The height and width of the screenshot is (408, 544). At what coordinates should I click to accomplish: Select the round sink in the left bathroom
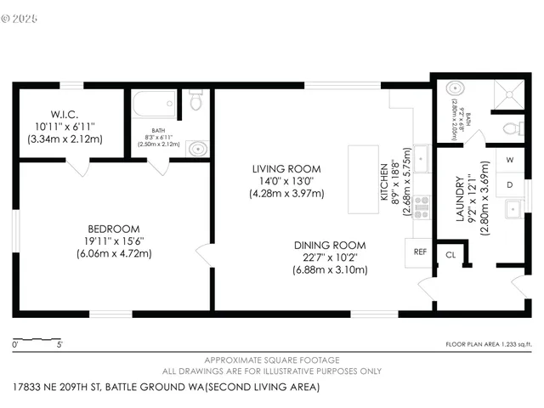197,149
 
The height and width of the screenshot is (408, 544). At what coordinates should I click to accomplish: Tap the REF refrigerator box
419,252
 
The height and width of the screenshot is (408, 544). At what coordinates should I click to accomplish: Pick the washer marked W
510,160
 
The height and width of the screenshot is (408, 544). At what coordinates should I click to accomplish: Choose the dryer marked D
510,183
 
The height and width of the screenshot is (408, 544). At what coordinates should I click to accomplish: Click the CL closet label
450,253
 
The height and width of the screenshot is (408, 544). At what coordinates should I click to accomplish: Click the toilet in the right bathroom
511,129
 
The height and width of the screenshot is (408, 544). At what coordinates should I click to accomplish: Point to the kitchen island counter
363,179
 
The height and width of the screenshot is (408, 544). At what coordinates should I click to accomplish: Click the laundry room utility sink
513,209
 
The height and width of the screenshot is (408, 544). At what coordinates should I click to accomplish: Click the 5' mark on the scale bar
59,345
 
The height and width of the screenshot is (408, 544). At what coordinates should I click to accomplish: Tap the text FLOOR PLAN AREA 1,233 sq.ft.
488,345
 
